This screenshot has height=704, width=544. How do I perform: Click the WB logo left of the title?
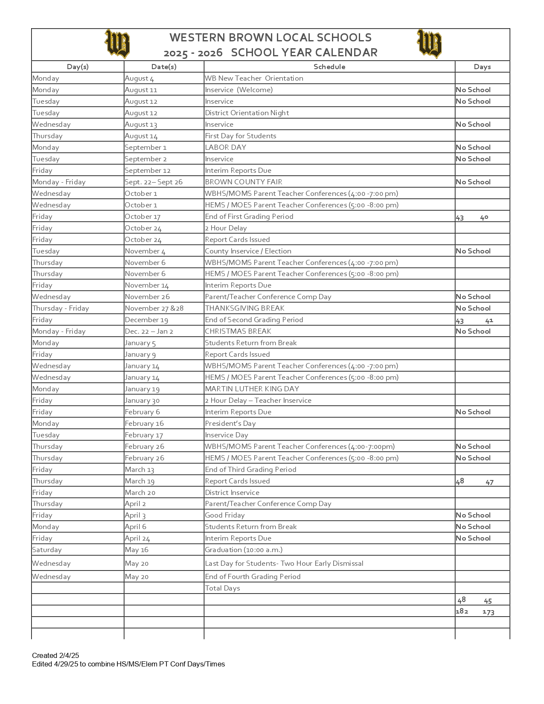coord(117,44)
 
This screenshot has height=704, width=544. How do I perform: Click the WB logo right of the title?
coord(429,44)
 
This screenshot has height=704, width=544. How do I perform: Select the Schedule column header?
coord(329,67)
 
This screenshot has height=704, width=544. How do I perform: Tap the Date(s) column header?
coord(164,67)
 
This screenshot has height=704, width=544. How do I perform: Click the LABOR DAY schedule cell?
coord(225,147)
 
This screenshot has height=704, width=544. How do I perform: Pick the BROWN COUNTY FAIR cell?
coord(243,182)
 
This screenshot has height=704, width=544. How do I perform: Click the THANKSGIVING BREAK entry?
coord(244,308)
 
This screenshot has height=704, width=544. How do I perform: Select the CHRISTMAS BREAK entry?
coord(238,331)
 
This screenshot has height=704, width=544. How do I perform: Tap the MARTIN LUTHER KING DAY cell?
coord(252,389)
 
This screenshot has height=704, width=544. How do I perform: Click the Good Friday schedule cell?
coord(224,515)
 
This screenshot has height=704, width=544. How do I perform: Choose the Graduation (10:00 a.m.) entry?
coord(244,550)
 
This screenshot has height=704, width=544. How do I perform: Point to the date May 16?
coord(137,550)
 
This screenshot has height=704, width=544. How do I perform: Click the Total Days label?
coord(222,588)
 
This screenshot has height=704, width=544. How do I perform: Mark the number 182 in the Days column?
coord(462,611)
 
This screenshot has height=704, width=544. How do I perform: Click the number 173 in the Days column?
coord(489,612)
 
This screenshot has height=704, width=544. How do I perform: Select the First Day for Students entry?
coord(240,136)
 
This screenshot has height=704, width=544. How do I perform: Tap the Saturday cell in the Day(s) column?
coord(47,550)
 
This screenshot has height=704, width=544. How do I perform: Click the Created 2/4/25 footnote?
coord(55,655)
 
